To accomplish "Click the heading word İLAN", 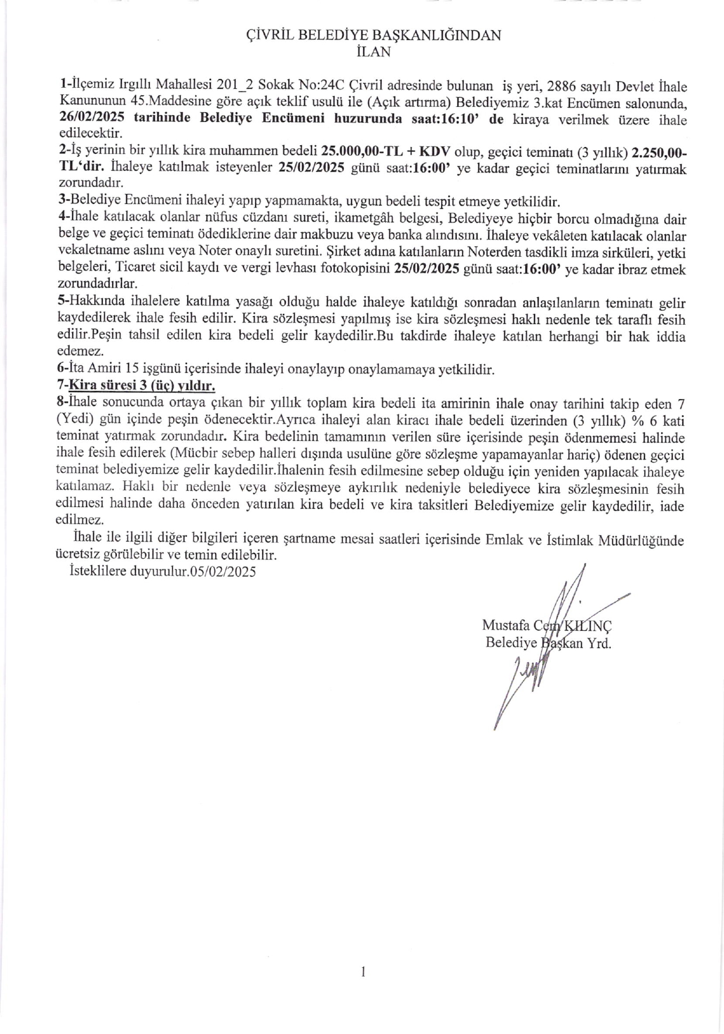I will pyautogui.click(x=374, y=51).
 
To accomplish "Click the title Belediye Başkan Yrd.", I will pyautogui.click(x=549, y=643).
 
